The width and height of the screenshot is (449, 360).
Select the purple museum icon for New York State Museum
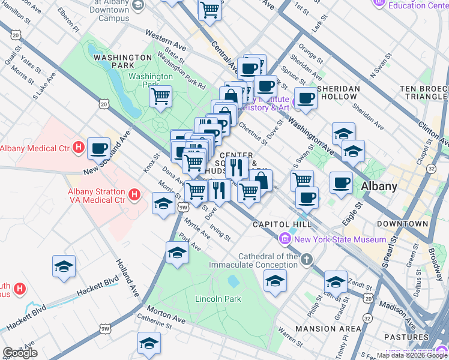285,239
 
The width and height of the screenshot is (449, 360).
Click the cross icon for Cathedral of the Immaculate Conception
307,260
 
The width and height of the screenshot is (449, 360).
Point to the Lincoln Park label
217,298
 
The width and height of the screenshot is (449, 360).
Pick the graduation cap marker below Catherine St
149,343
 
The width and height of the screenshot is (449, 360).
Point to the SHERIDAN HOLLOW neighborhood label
338,92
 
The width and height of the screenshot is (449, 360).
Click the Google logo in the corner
20,353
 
